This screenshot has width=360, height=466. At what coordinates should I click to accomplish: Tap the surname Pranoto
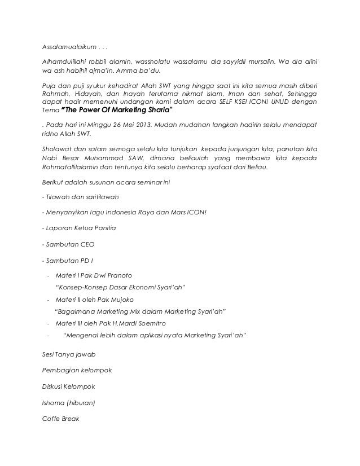(118, 275)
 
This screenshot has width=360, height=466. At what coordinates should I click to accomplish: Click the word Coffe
(52, 420)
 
